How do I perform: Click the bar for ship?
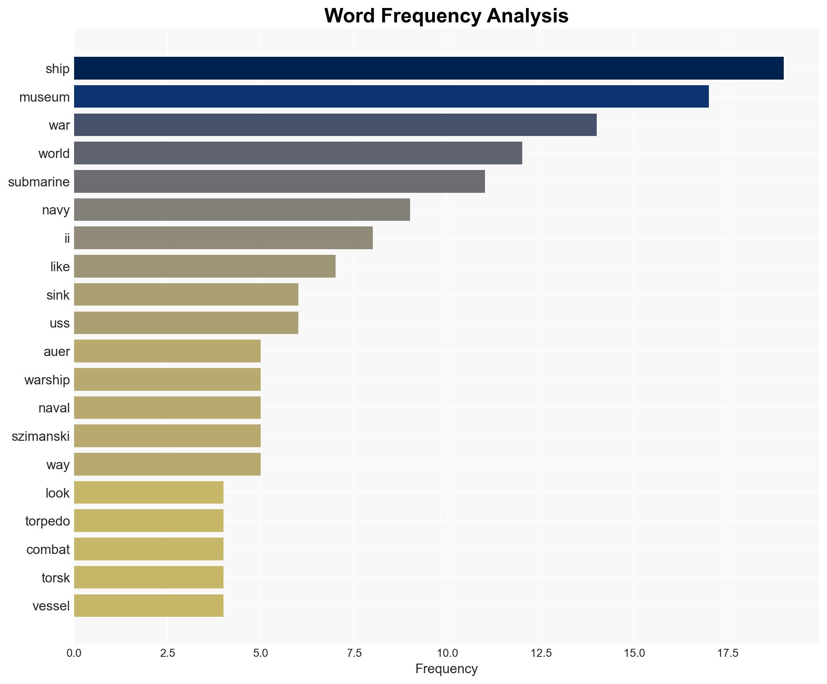[x=429, y=68]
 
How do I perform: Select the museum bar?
[x=391, y=97]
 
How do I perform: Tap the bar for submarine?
[x=279, y=182]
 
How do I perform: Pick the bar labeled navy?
[x=242, y=210]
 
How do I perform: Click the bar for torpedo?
[x=149, y=521]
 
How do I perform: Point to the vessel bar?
[x=149, y=606]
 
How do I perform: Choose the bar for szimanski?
[x=167, y=436]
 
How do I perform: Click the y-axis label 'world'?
[x=54, y=154]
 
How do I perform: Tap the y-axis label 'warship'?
[x=47, y=380]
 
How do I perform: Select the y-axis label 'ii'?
[x=67, y=238]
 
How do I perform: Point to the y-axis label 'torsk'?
[x=56, y=578]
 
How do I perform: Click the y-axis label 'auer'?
[x=56, y=352]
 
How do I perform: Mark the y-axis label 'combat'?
[x=48, y=550]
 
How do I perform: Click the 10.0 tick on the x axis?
[x=447, y=653]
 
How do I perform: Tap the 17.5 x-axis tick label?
[x=728, y=653]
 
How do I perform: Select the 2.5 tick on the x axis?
[x=167, y=653]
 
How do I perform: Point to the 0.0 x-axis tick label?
[x=74, y=653]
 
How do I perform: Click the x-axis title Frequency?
[x=446, y=669]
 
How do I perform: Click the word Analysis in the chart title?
[x=527, y=16]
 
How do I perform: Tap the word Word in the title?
[x=350, y=16]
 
